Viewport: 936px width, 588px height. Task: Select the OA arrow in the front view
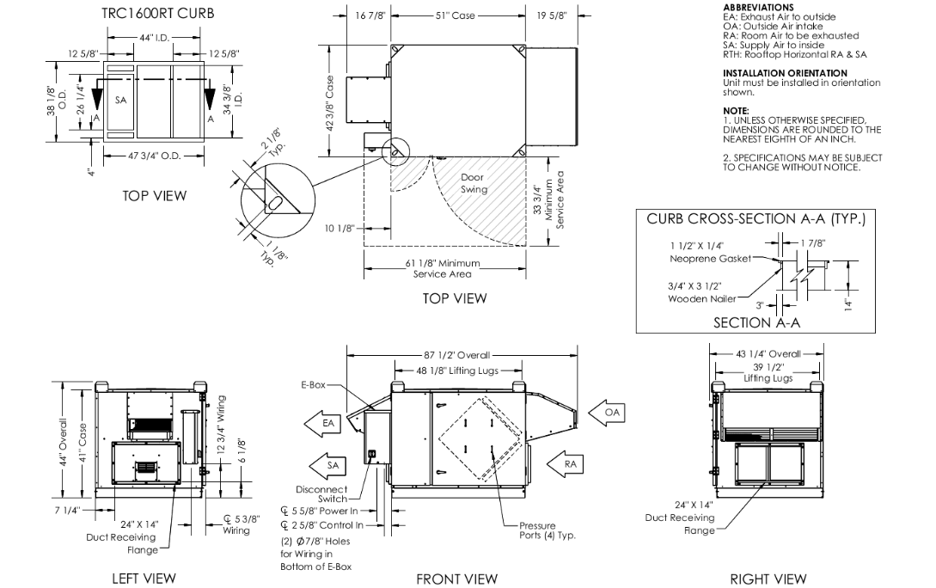coord(609,413)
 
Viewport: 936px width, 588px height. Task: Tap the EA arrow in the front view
coord(323,423)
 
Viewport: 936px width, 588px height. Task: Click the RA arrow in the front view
coord(564,464)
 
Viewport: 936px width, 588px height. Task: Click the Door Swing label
coord(473,183)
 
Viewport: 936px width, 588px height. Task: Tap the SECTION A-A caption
coord(756,322)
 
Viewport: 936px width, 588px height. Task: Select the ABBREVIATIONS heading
coord(759,7)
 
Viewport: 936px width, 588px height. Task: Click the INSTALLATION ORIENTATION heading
coord(785,73)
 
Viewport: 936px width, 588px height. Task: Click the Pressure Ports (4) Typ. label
coord(547,530)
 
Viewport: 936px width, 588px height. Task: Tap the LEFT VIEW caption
coord(144,579)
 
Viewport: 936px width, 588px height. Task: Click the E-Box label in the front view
coord(313,386)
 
